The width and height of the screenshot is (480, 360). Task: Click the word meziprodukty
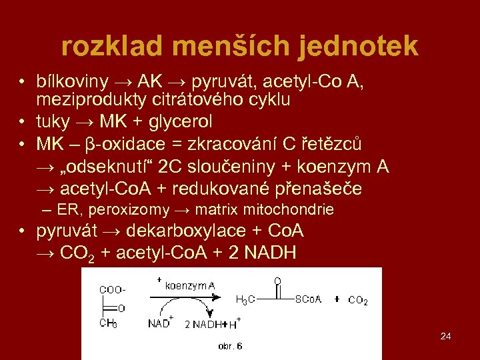tap(82, 100)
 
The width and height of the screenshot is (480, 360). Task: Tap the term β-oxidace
tap(122, 143)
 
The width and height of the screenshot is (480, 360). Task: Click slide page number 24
tap(446, 336)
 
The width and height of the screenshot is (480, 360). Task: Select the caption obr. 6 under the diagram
tap(230, 346)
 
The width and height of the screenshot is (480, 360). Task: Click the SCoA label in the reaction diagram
tap(308, 299)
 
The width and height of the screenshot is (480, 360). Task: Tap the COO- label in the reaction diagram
tap(111, 289)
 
